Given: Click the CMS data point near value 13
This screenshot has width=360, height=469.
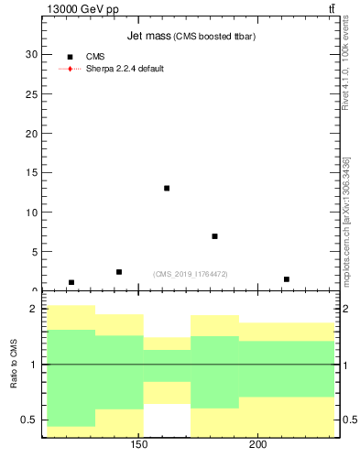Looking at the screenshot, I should [x=167, y=188].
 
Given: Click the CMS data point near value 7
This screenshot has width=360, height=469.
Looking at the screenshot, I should [x=214, y=236].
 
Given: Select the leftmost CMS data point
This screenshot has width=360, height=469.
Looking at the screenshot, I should [x=71, y=282].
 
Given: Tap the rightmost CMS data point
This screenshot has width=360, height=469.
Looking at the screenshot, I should [x=287, y=278].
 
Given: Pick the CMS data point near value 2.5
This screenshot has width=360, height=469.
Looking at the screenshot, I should [x=119, y=271].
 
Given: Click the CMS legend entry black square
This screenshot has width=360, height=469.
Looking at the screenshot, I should [x=71, y=57].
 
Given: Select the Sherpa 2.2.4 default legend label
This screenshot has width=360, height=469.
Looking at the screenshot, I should [x=125, y=69].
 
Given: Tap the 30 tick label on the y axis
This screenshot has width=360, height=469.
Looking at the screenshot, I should [x=33, y=54].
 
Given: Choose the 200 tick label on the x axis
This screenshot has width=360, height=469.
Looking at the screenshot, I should [x=257, y=444].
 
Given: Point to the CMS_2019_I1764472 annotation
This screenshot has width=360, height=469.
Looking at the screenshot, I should [x=191, y=273].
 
